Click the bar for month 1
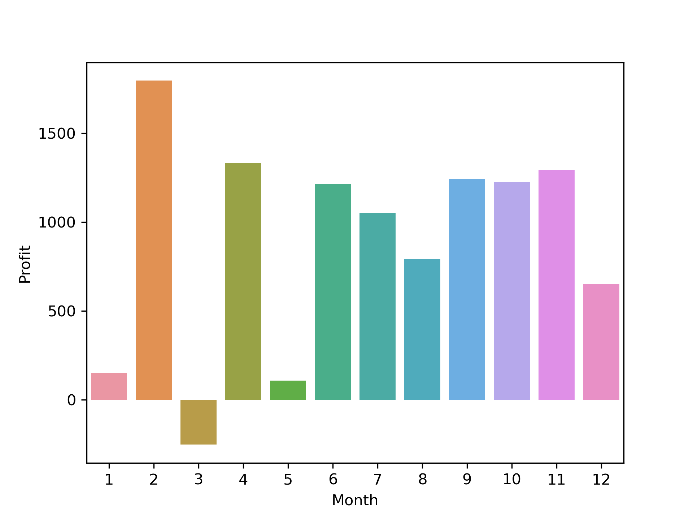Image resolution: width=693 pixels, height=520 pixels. [x=109, y=386]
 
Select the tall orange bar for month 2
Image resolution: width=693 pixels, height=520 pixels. [x=154, y=240]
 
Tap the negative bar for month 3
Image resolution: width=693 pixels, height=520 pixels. [x=199, y=422]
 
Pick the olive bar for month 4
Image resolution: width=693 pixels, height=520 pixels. [x=243, y=281]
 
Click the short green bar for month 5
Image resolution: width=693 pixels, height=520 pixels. [x=288, y=390]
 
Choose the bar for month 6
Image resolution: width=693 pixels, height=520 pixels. [x=333, y=292]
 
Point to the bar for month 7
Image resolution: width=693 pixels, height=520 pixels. [x=378, y=306]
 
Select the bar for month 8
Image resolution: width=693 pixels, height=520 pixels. [x=422, y=329]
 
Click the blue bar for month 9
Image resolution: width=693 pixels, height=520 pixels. [x=467, y=289]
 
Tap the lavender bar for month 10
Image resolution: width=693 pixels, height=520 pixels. [x=512, y=291]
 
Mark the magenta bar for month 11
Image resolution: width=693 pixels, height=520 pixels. [x=557, y=285]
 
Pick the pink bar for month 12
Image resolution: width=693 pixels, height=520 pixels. [x=601, y=342]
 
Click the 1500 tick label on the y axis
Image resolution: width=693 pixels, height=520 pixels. [x=57, y=134]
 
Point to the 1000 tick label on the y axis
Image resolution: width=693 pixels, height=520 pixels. [x=57, y=222]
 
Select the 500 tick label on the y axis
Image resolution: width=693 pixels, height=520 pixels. [x=62, y=311]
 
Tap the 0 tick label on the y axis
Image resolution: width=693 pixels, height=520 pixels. [x=71, y=400]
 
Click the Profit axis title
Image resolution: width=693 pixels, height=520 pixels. [x=25, y=264]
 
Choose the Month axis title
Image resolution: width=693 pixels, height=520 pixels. [x=355, y=500]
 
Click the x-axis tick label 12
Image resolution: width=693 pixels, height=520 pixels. [x=601, y=480]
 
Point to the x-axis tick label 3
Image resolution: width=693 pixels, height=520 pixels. [x=199, y=480]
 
